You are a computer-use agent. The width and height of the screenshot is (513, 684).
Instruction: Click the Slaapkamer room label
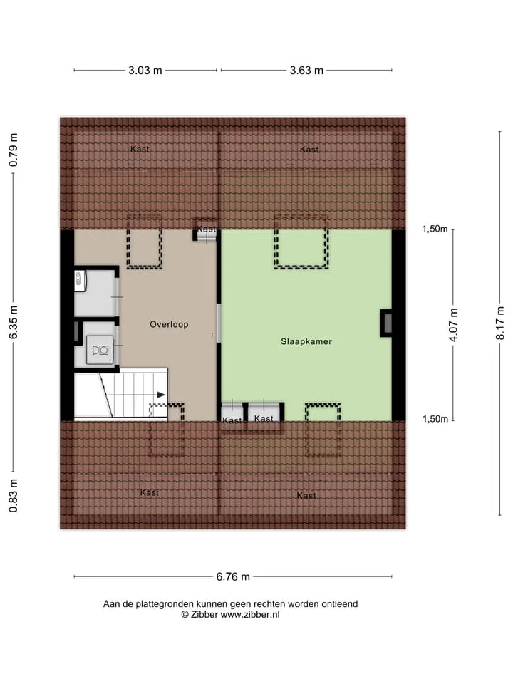click(306, 341)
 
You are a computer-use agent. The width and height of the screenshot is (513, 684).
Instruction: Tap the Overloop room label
click(169, 324)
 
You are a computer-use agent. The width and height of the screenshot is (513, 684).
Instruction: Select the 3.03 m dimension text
click(145, 71)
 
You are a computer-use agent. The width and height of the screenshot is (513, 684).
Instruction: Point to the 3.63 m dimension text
click(306, 71)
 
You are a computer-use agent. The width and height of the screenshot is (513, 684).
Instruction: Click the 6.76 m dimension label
click(233, 576)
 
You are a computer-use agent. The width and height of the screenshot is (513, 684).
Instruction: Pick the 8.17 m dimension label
click(500, 323)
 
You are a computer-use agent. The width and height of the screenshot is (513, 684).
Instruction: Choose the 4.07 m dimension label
click(454, 325)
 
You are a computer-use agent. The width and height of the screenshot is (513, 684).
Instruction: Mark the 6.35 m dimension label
click(14, 322)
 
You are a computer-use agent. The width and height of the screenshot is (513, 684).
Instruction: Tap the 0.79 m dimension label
click(14, 150)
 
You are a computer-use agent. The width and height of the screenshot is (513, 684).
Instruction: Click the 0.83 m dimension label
click(14, 496)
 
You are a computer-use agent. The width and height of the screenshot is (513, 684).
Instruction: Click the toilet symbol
click(100, 349)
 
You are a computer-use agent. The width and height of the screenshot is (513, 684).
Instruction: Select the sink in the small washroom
click(79, 279)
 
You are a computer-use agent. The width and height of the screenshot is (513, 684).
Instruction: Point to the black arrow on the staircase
click(161, 395)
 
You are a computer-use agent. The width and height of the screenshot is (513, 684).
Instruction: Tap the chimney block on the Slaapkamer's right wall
click(386, 323)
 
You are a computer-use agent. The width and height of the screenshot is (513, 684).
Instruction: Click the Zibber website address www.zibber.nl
click(250, 615)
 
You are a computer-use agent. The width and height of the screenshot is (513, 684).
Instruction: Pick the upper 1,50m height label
click(435, 229)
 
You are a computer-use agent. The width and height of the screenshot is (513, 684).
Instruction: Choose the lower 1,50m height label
click(435, 419)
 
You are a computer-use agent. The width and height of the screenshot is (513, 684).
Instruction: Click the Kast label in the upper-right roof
click(309, 150)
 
